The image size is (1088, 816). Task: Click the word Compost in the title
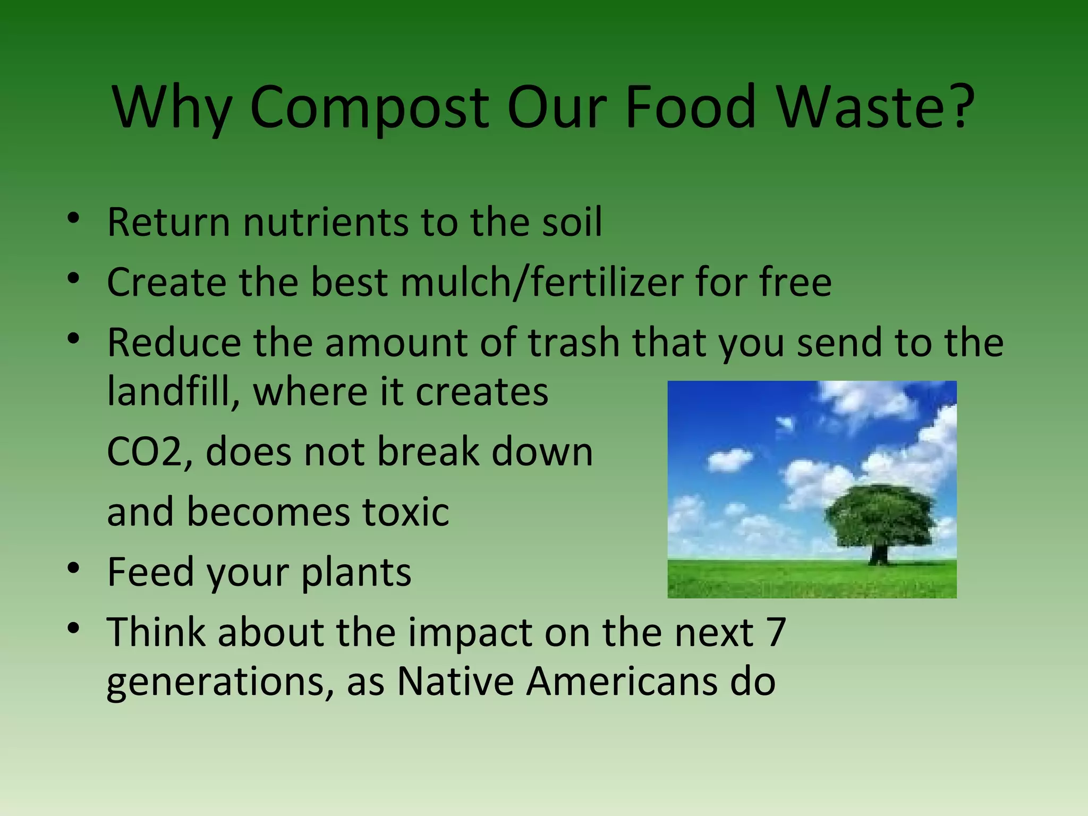pyautogui.click(x=369, y=109)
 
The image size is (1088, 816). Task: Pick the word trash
pyautogui.click(x=574, y=343)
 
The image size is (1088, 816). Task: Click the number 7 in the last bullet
pyautogui.click(x=776, y=632)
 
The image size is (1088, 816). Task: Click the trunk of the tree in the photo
pyautogui.click(x=879, y=554)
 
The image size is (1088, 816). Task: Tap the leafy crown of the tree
pyautogui.click(x=879, y=515)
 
